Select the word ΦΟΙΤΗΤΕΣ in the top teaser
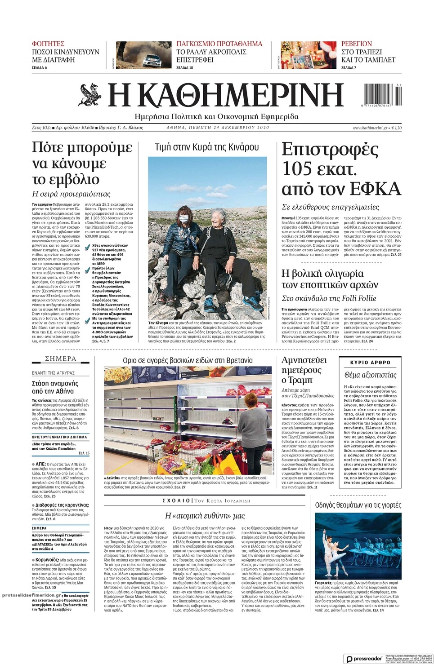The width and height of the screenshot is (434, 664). (48, 44)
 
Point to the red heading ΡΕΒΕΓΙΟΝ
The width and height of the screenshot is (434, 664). (357, 44)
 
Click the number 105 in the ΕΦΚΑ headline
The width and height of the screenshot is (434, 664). (297, 169)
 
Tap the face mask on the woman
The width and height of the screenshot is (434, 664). (184, 218)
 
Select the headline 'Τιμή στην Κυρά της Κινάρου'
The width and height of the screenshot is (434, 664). (207, 147)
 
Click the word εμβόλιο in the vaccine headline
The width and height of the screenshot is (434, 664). (66, 179)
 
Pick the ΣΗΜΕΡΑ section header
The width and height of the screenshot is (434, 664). (61, 359)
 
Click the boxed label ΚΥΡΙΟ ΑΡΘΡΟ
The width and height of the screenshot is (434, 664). (371, 362)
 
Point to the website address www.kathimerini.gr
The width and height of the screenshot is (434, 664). (370, 128)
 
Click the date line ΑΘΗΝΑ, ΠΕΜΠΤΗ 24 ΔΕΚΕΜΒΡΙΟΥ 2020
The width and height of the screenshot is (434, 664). (218, 128)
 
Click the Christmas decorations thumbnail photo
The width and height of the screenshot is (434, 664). (308, 55)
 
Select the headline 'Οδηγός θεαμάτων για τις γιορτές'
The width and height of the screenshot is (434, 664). (358, 505)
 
